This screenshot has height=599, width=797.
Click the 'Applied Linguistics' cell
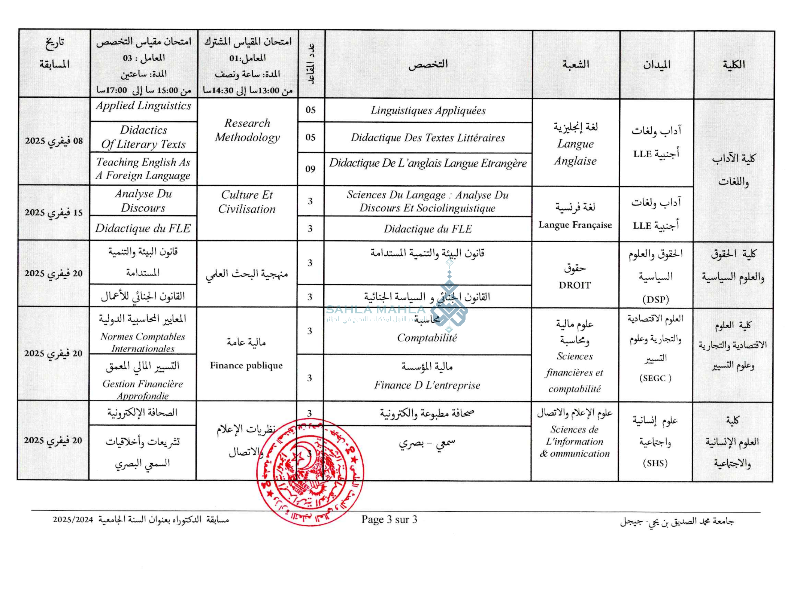coord(143,106)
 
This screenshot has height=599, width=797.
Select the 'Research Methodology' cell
coord(247,130)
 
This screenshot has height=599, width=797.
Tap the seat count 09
coord(310,169)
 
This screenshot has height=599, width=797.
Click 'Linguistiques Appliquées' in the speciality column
coord(428,110)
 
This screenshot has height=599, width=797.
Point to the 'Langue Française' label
coord(575,225)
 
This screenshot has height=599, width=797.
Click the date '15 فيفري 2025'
coord(54,213)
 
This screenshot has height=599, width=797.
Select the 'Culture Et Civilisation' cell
coord(247,202)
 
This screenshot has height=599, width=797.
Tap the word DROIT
coord(575,285)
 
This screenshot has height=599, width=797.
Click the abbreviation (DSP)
coord(655,299)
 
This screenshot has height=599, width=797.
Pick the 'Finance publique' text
coord(246,365)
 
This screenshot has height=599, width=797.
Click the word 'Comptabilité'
coord(427,338)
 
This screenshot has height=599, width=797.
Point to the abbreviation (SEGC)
coord(655,378)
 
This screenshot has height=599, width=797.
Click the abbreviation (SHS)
coord(655,463)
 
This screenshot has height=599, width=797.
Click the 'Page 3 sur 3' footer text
coord(389,520)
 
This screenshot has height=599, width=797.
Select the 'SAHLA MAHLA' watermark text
coord(376,310)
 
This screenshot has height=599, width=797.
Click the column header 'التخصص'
coord(428,64)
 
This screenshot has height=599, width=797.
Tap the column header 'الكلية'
coord(734,65)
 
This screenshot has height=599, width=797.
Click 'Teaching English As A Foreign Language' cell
coord(143,168)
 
